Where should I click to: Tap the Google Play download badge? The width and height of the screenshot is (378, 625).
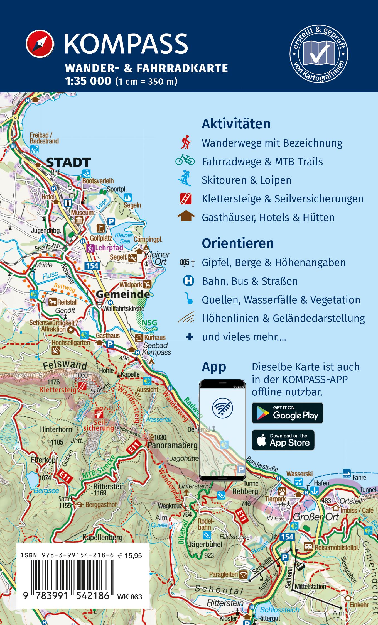[287, 413]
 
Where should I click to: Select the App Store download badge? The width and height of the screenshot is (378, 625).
[283, 440]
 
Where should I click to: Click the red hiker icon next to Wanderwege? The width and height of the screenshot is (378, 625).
[186, 143]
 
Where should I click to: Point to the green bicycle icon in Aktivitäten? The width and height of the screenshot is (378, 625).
[185, 160]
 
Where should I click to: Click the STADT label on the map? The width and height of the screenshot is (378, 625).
[68, 162]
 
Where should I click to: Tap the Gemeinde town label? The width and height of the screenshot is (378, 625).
[122, 294]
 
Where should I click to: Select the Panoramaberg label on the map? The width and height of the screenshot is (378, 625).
[172, 445]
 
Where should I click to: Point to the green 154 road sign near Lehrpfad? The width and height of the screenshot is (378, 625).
[92, 266]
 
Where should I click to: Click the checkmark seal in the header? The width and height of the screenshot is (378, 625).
[319, 53]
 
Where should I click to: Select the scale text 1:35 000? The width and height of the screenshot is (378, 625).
[88, 81]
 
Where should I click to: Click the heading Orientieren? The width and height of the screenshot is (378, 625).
[238, 243]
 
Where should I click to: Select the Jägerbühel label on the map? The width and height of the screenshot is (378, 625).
[205, 544]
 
